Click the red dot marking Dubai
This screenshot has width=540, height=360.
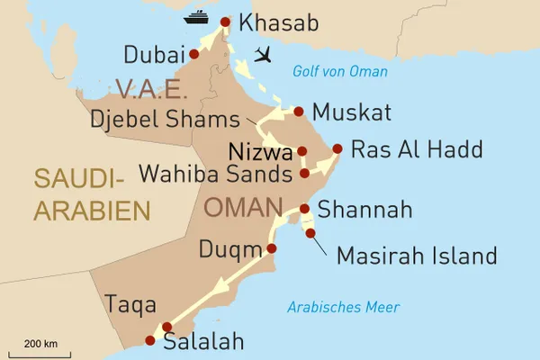tap(193, 54)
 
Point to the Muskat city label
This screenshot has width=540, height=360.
tap(351, 113)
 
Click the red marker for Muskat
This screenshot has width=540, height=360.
tap(298, 112)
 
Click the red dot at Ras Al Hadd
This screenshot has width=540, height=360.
tap(337, 148)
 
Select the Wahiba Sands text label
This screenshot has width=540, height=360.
tap(215, 172)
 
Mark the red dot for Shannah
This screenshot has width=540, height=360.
tap(304, 209)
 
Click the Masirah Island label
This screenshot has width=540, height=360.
tap(416, 256)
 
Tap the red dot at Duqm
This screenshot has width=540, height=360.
tap(272, 247)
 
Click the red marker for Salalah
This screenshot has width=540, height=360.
tap(150, 341)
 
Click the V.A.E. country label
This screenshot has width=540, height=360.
tap(149, 89)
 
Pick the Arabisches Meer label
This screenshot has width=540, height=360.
tap(343, 308)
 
